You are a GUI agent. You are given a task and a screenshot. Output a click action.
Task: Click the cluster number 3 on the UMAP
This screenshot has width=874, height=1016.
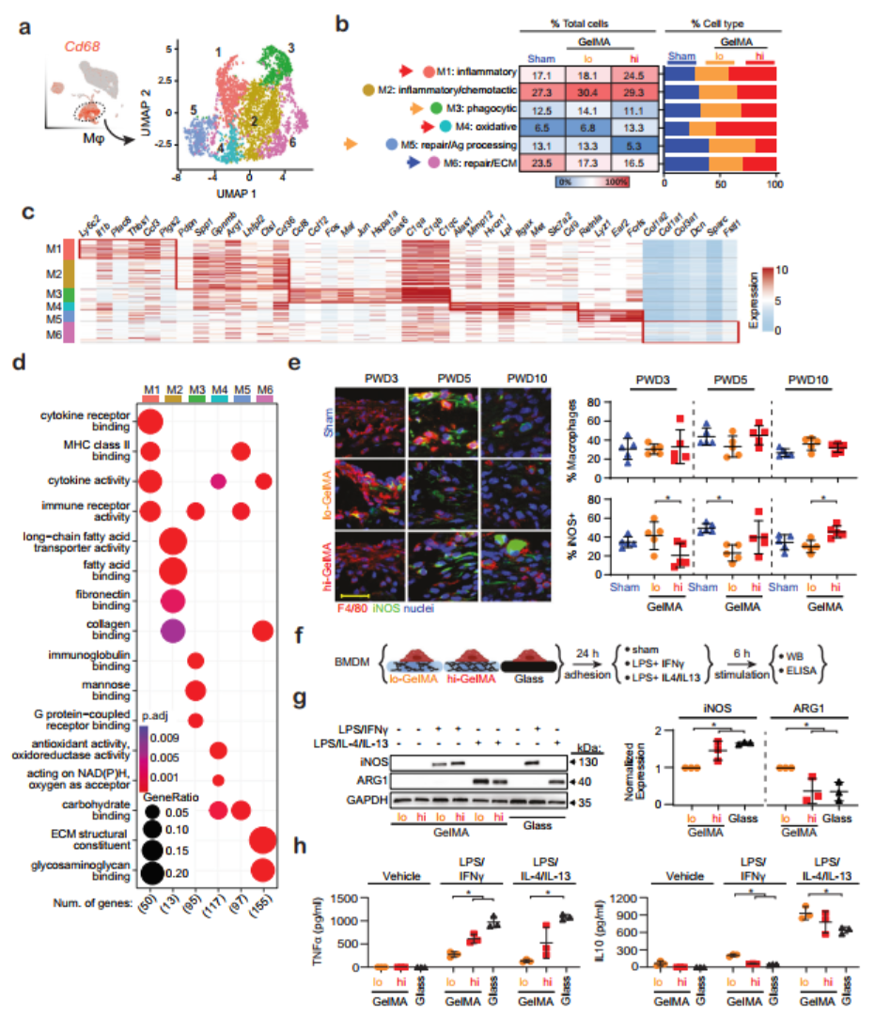(x=292, y=47)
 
